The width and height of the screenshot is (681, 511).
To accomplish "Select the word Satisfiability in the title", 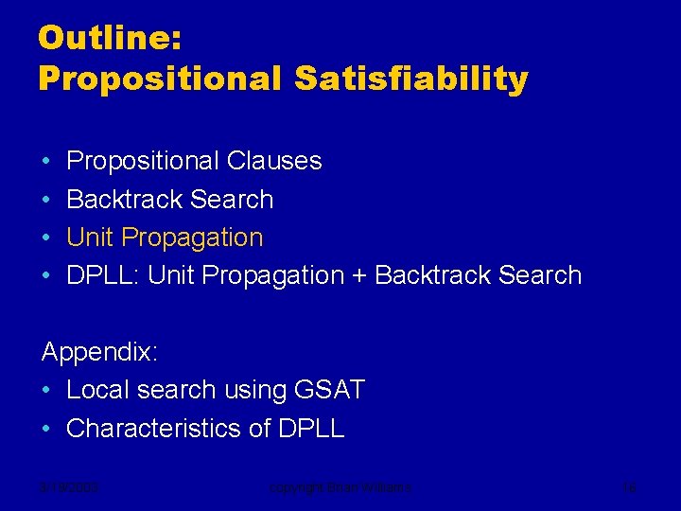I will pos(410,79).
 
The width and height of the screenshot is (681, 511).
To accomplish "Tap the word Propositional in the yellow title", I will pos(160,79).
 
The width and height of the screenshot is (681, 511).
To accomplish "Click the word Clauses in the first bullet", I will pos(274,162).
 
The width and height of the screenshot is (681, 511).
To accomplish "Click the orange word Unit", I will pos(91,238).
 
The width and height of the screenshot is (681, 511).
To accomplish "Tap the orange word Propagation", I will pos(193,238).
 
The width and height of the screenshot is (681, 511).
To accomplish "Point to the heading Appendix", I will pos(99,353).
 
